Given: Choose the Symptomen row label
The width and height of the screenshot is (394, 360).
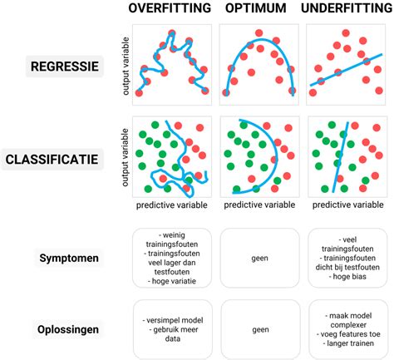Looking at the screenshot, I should [69, 258].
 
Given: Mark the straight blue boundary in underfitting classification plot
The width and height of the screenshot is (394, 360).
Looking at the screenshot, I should [338, 158].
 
